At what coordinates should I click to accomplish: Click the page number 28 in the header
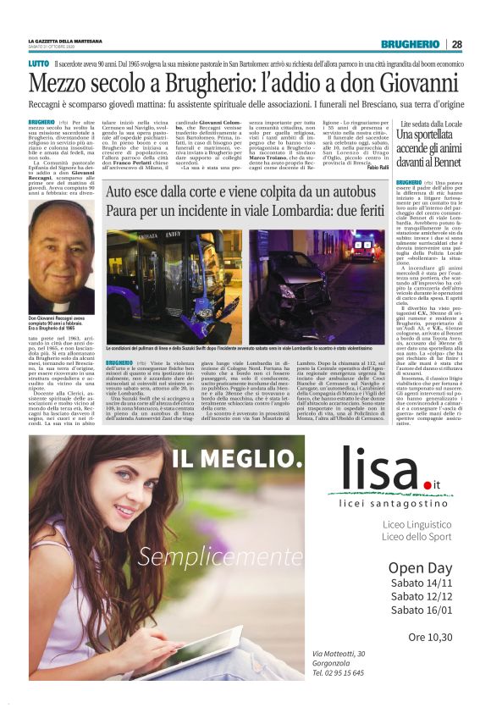456,44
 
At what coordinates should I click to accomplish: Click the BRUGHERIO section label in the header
409,44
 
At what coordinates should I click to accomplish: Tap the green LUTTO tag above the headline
38,64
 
